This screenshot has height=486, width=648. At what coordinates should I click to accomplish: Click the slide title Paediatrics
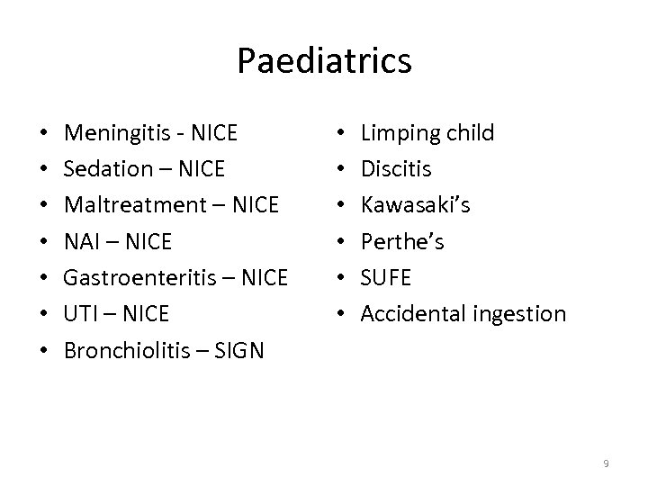[x=324, y=61]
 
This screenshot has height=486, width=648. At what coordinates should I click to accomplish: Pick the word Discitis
[x=396, y=170]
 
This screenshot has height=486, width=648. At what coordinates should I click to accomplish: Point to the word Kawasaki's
[x=415, y=206]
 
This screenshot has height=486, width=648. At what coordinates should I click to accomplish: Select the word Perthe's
[x=402, y=242]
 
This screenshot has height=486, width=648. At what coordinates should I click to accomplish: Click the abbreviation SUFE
[x=386, y=278]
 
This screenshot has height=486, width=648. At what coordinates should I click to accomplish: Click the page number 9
[x=607, y=463]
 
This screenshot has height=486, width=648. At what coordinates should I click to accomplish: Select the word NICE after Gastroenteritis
[x=264, y=278]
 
